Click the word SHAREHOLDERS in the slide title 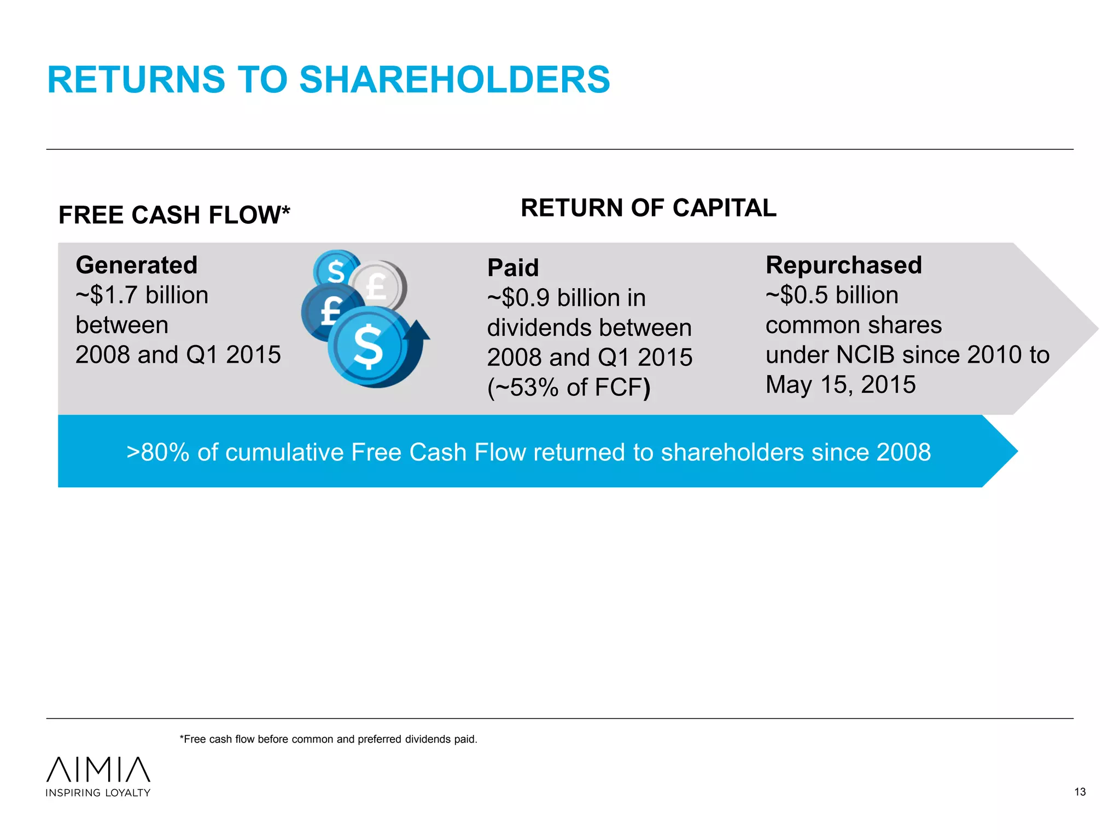[x=454, y=80]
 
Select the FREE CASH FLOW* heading [x=174, y=215]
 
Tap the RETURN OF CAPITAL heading [x=649, y=208]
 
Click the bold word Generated [x=137, y=265]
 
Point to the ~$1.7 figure [x=107, y=295]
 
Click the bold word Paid [x=513, y=268]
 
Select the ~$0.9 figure [x=518, y=298]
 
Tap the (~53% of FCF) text [x=569, y=388]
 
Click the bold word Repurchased [x=844, y=265]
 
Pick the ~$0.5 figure [x=797, y=295]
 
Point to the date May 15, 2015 [x=841, y=384]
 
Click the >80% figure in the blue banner [x=158, y=452]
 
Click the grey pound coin [x=377, y=286]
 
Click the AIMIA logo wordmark [x=98, y=769]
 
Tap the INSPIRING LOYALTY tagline [x=98, y=793]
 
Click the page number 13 [x=1080, y=792]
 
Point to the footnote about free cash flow [x=329, y=739]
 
